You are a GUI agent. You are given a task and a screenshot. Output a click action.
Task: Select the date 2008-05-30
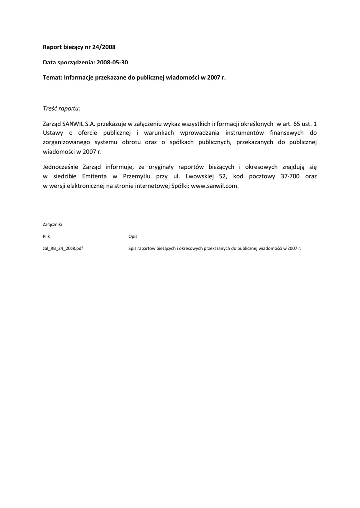point(116,63)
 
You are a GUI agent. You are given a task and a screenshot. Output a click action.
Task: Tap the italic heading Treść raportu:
point(62,108)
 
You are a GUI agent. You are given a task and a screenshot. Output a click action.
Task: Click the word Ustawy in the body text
point(53,132)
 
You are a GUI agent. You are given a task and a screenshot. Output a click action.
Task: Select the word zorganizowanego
point(68,142)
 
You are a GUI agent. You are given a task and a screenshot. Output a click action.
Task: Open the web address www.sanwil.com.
point(215,186)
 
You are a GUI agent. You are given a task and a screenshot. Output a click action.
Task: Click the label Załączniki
point(52,224)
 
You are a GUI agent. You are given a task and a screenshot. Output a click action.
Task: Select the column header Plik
point(46,236)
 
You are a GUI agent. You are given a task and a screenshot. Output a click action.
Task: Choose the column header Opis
point(133,236)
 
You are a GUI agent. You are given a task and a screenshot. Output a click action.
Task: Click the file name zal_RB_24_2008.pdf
point(63,248)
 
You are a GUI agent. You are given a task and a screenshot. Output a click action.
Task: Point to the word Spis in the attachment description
point(133,248)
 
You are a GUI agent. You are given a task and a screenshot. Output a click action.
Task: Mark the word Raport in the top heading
point(53,47)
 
